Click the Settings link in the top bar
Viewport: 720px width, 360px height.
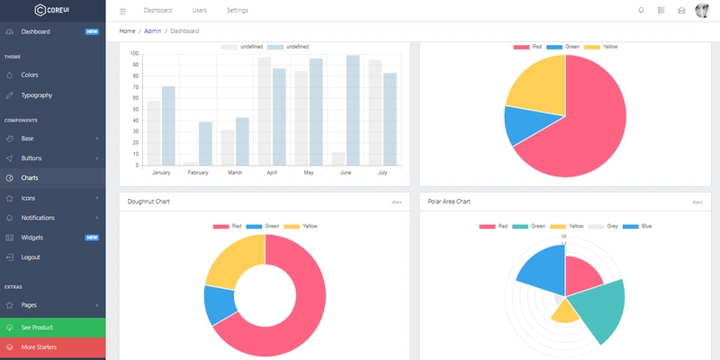point(238,11)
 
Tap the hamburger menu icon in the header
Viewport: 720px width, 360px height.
point(123,11)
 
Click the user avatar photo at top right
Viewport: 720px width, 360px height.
point(702,11)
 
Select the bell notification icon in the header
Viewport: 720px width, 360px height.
point(641,11)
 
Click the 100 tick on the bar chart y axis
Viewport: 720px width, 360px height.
point(134,53)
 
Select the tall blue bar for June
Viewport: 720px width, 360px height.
point(353,110)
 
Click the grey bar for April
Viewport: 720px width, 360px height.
point(265,112)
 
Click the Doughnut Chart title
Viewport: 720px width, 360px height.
point(148,202)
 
